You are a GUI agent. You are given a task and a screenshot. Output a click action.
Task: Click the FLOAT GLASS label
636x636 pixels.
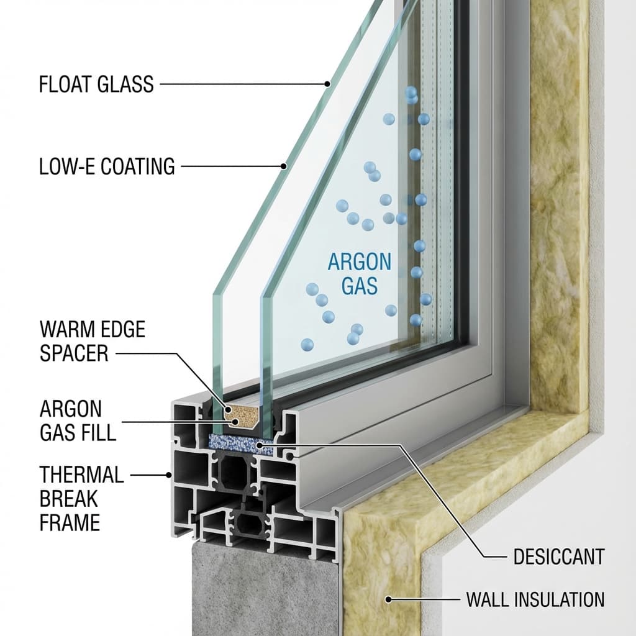(96, 84)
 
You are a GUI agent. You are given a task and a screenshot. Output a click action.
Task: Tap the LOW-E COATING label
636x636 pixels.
(107, 166)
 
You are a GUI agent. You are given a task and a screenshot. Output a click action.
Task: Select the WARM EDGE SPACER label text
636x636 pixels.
(92, 341)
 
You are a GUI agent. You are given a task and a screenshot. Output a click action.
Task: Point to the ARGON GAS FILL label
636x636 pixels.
(78, 420)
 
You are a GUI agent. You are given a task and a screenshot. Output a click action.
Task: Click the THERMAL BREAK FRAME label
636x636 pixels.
(81, 499)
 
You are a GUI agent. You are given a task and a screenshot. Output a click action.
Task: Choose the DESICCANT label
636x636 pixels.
(558, 556)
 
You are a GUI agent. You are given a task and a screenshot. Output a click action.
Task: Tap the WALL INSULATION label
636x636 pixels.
(535, 599)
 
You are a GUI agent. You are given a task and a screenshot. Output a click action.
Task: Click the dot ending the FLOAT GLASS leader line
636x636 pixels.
(327, 84)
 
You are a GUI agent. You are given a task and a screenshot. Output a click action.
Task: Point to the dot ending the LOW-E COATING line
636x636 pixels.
(284, 166)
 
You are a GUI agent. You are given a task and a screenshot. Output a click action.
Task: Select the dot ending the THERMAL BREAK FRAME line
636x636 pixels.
(170, 475)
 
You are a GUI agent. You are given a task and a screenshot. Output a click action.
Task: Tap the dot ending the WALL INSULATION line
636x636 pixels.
(389, 599)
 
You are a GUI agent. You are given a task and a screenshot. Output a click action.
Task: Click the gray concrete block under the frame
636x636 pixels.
(261, 590)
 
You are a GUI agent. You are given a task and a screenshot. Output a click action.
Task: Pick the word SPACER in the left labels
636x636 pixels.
(74, 353)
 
